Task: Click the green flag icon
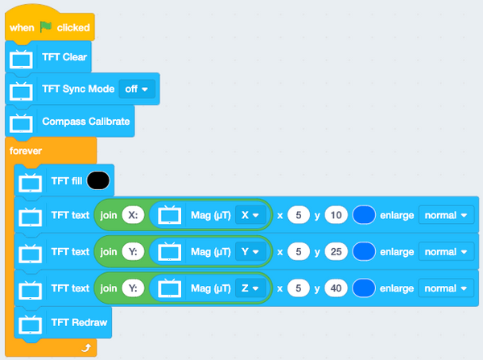[46, 27]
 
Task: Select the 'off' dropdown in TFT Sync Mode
[137, 89]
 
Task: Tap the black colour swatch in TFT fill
[98, 180]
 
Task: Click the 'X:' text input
[133, 215]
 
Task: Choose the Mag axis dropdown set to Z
[250, 288]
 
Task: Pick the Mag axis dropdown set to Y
[250, 251]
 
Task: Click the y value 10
[336, 215]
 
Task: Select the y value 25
[336, 251]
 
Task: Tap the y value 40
[336, 288]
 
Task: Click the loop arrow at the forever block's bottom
[86, 348]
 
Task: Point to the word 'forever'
[26, 151]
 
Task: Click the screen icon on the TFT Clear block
[21, 59]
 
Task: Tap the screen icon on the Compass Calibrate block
[21, 123]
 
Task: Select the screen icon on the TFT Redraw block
[31, 325]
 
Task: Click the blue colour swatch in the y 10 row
[364, 215]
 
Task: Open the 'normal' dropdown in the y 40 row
[446, 288]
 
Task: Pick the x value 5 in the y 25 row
[299, 251]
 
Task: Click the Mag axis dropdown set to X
[250, 215]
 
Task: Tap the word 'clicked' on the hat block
[73, 27]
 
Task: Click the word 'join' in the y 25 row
[109, 252]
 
